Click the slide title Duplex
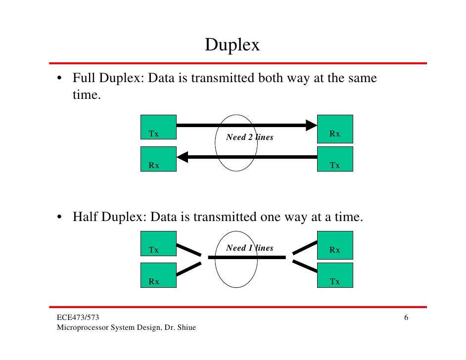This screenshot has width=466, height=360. pos(233,45)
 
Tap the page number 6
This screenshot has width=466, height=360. pos(406,317)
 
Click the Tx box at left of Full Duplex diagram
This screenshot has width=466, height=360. pos(158,127)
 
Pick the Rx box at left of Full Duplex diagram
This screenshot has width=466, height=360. pos(158,159)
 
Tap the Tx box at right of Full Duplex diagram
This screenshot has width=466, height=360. pos(335,159)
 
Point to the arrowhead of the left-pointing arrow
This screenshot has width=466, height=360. pos(183,157)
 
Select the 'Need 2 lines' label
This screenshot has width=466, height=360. pos(249,137)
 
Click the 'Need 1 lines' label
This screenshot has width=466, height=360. pos(249,248)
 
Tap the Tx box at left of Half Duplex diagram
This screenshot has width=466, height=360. pos(158,244)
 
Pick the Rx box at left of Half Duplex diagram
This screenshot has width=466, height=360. pos(158,275)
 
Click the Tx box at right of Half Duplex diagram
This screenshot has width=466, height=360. pos(335,275)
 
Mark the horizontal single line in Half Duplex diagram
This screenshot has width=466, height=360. pos(247,257)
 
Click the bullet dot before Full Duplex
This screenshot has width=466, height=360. pos(59,79)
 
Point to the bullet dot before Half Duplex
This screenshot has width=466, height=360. pos(59,218)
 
